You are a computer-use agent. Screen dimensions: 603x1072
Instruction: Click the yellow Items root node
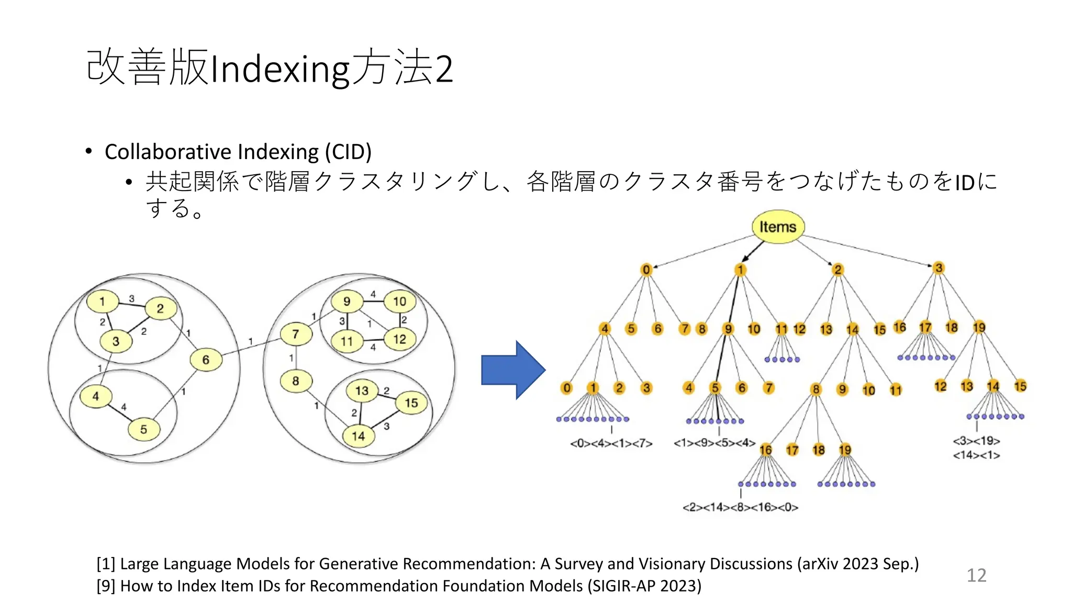(x=778, y=227)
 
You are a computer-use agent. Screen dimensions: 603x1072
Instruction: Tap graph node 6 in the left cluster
(x=205, y=360)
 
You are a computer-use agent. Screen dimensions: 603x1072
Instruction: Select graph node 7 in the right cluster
(x=296, y=334)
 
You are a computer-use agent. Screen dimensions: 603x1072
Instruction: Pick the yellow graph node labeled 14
(x=358, y=436)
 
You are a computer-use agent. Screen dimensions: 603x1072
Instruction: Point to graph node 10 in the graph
(x=399, y=301)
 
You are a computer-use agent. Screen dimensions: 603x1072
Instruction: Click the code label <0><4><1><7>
(x=611, y=444)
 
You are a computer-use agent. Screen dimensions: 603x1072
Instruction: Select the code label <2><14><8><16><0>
(x=740, y=507)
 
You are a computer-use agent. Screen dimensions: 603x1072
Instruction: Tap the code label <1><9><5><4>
(x=714, y=443)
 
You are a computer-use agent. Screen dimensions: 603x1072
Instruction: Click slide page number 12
(x=976, y=575)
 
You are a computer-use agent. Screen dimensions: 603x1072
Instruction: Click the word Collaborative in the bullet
(x=167, y=152)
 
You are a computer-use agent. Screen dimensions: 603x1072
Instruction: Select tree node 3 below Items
(x=939, y=268)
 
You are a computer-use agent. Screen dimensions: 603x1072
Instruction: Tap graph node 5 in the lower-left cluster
(x=143, y=429)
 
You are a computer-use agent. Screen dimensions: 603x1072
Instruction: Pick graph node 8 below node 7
(x=296, y=381)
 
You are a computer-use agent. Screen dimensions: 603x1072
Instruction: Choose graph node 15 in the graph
(x=411, y=403)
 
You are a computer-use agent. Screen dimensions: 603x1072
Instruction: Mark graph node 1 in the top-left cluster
(x=102, y=301)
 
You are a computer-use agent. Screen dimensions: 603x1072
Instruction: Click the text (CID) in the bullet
(x=348, y=152)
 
